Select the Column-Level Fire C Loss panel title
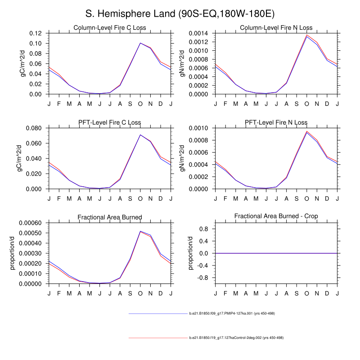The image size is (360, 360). click(110, 28)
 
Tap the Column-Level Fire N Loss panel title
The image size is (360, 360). click(276, 28)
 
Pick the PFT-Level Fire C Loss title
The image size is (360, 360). click(110, 123)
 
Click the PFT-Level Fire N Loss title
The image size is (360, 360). click(276, 123)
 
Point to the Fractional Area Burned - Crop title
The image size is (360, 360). click(276, 216)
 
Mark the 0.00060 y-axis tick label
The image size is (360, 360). click(29, 223)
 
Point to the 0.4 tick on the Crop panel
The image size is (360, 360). click(203, 241)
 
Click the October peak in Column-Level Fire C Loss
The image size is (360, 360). click(140, 43)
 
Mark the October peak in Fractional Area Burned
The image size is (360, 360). click(140, 231)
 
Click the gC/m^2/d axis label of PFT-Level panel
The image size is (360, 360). click(22, 158)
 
